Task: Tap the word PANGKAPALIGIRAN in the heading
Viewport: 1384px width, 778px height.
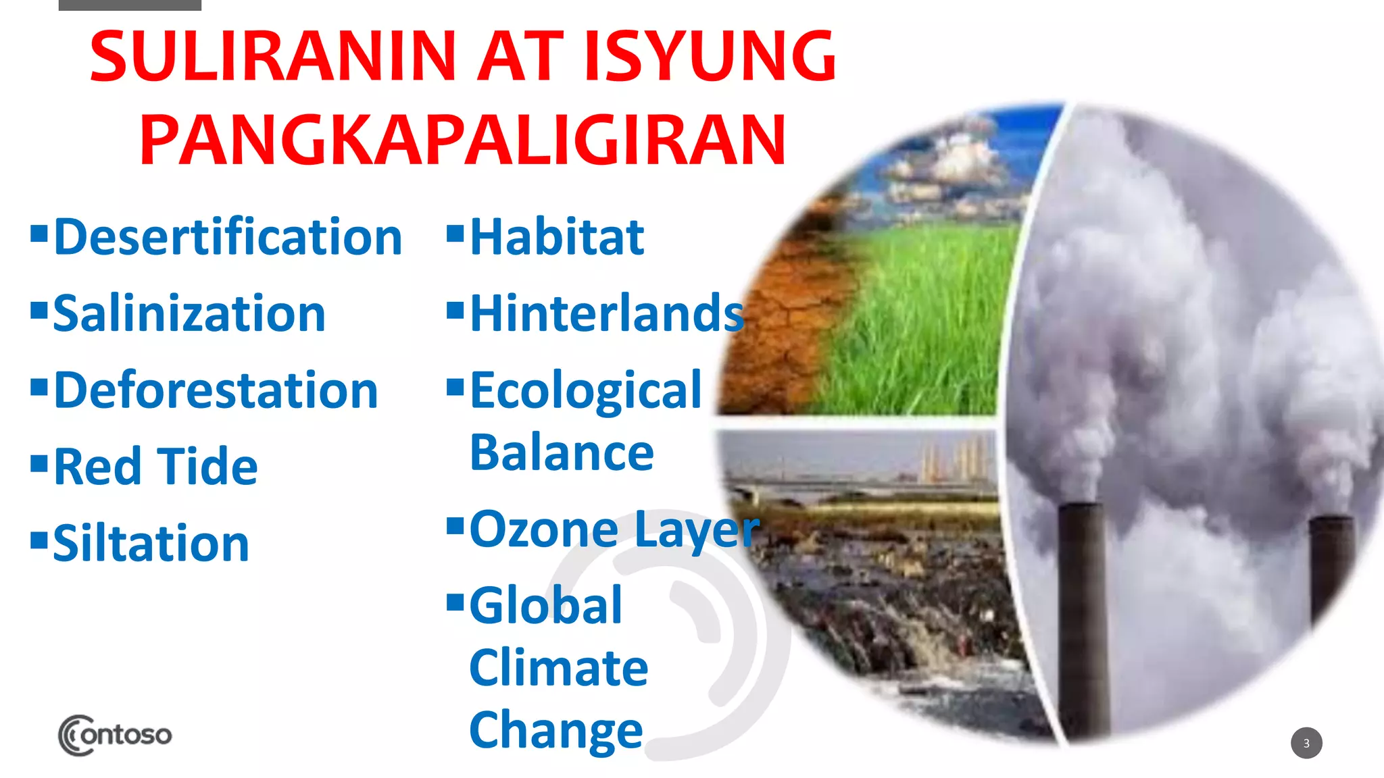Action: [x=463, y=140]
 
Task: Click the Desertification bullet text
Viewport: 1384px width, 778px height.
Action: [x=228, y=238]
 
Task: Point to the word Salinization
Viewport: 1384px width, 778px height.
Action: [x=189, y=315]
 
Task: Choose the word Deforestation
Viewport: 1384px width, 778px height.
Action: [x=215, y=391]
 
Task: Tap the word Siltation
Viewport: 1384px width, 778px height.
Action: [x=151, y=544]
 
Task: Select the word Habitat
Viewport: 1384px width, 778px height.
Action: [x=557, y=238]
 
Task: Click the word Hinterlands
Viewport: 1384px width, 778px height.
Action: [x=606, y=315]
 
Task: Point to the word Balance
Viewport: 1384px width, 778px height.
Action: [x=562, y=453]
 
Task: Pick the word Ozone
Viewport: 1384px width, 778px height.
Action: [x=544, y=530]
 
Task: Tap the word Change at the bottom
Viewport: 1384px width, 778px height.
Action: [x=556, y=731]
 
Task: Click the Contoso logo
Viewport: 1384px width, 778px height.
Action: [x=115, y=735]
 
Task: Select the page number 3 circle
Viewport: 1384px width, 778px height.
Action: [x=1306, y=743]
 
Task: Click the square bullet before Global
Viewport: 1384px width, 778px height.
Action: [x=455, y=601]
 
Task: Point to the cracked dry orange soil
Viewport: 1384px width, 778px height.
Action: [x=777, y=338]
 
